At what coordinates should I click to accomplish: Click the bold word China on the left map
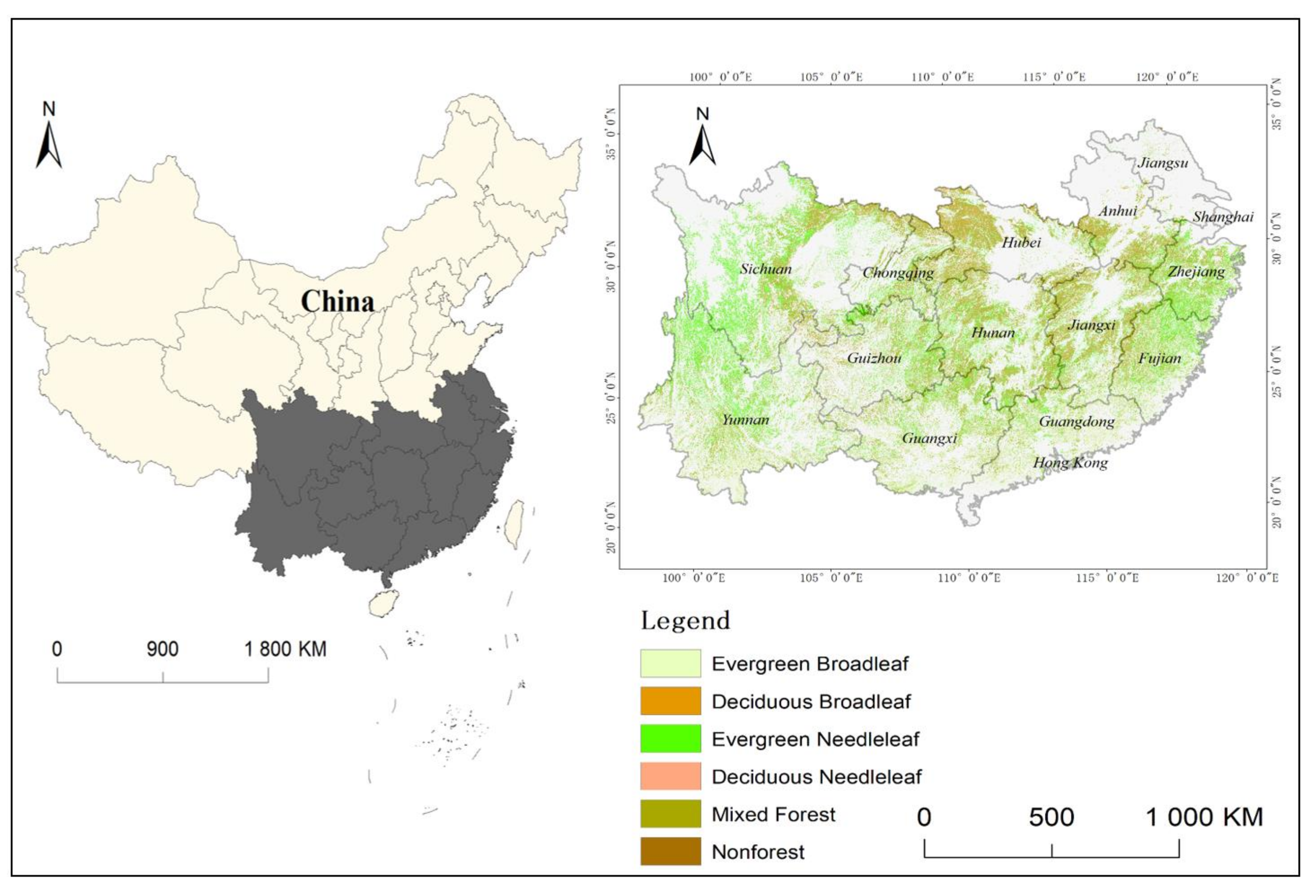[338, 301]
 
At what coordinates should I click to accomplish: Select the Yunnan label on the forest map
[745, 419]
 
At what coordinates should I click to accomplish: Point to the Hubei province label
[1021, 243]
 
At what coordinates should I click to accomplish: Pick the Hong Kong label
[1070, 463]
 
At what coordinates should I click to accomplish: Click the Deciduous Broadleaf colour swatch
[670, 701]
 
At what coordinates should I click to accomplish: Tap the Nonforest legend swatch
[670, 851]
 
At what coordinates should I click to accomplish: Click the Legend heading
[685, 621]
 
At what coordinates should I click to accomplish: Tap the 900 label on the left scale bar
[163, 649]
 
